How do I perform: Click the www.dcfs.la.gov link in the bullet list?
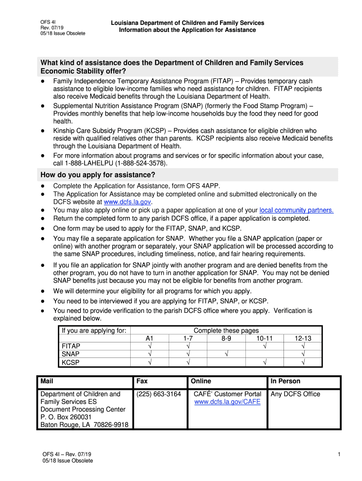click(x=127, y=202)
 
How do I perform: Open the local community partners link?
click(x=296, y=210)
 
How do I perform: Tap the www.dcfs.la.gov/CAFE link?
click(x=227, y=402)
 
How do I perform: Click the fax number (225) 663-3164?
click(x=158, y=394)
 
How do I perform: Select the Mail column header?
click(x=47, y=381)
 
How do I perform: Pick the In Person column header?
click(x=285, y=381)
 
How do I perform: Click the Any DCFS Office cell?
click(x=295, y=394)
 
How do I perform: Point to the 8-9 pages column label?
click(x=226, y=338)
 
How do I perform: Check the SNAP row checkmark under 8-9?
click(x=226, y=354)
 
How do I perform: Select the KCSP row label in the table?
click(x=71, y=362)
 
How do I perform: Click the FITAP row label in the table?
click(x=71, y=346)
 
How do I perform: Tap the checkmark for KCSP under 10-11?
click(x=265, y=362)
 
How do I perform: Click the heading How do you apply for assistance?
click(x=98, y=175)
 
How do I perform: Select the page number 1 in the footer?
click(x=338, y=454)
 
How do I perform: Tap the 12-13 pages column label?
click(x=303, y=338)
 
